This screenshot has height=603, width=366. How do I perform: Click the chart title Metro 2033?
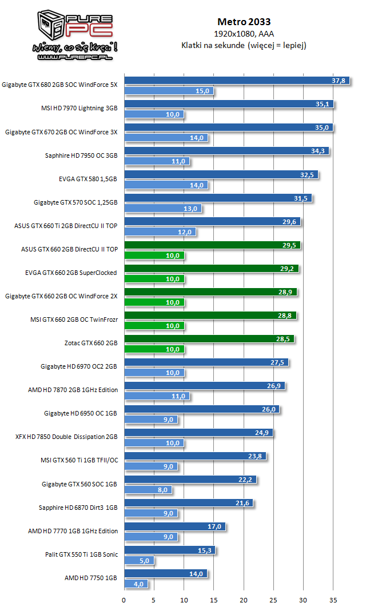click(244, 22)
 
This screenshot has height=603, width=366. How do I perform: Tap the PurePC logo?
click(75, 35)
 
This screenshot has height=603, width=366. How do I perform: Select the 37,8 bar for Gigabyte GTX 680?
click(237, 81)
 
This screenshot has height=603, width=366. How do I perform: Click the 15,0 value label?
click(202, 91)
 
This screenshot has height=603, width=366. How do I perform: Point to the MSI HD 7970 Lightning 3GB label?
click(79, 108)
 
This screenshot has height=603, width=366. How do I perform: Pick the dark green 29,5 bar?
click(212, 245)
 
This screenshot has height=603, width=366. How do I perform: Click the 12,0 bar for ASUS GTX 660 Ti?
click(160, 232)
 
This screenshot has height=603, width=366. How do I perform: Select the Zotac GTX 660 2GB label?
click(91, 343)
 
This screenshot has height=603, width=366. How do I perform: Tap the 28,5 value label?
click(283, 339)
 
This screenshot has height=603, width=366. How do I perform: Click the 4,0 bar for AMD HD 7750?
click(136, 584)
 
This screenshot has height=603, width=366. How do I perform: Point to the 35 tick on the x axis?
click(333, 600)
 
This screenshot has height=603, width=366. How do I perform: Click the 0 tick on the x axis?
click(124, 600)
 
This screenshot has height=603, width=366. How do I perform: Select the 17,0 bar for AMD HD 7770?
click(175, 526)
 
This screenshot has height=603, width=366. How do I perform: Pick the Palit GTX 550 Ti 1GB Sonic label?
click(81, 554)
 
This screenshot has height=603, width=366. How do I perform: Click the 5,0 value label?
click(144, 561)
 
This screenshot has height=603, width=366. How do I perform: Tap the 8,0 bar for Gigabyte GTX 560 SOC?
click(148, 490)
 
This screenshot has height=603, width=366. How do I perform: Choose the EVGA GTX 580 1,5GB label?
click(87, 179)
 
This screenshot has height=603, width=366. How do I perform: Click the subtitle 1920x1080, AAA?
click(244, 34)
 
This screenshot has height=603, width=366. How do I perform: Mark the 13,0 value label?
click(190, 209)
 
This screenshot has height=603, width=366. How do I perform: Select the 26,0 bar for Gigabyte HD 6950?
click(202, 409)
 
